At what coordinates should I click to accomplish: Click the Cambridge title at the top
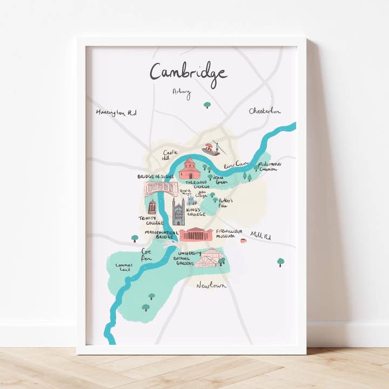pos(188,72)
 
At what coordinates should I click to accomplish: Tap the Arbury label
pos(182,92)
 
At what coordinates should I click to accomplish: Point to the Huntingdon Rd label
pos(116,112)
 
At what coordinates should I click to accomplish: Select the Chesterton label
pos(265,111)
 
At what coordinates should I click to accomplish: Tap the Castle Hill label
pos(170,155)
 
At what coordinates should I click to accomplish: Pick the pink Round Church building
pos(190,169)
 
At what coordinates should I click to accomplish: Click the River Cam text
pos(236,163)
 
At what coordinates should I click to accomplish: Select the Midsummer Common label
pos(267,166)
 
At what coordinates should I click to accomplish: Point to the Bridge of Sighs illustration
pos(161,189)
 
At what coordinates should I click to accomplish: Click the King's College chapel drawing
pos(178,211)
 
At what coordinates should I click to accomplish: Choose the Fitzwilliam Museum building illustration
pos(196,234)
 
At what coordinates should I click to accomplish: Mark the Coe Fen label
pos(147,255)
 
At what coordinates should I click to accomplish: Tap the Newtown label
pos(211,285)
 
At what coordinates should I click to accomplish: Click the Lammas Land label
pos(123,267)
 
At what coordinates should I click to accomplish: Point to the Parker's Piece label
pos(226,202)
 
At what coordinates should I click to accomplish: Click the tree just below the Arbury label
pos(207,105)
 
